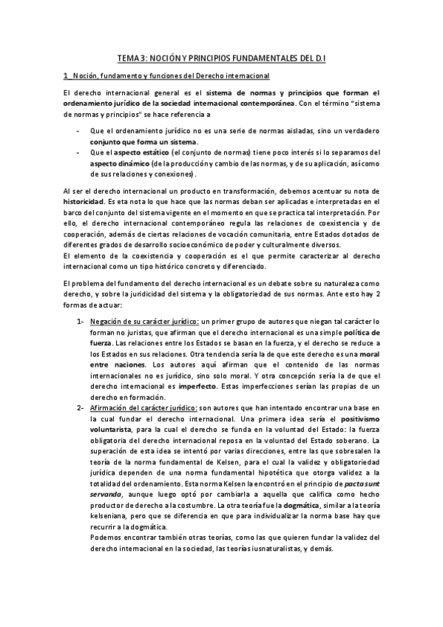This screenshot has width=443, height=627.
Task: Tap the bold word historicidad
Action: click(84, 201)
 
